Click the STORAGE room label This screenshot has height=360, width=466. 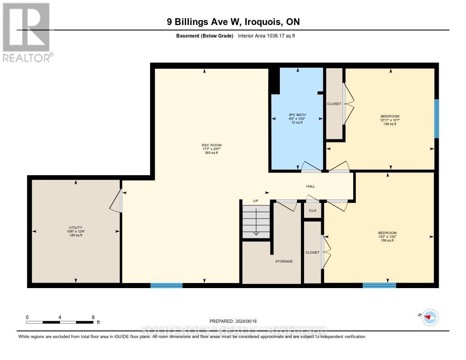284,261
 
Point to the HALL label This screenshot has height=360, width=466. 310,186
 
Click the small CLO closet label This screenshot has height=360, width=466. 313,211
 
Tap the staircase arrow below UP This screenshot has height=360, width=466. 256,223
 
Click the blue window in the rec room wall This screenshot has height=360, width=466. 167,285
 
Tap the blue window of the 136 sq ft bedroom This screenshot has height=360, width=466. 436,119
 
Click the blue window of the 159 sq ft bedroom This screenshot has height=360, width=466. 379,285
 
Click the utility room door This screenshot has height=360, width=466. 117,201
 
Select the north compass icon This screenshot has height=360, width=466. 430,317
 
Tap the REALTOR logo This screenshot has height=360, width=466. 26,32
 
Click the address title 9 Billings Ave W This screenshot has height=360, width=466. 233,22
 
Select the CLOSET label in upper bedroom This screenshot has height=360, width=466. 334,104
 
